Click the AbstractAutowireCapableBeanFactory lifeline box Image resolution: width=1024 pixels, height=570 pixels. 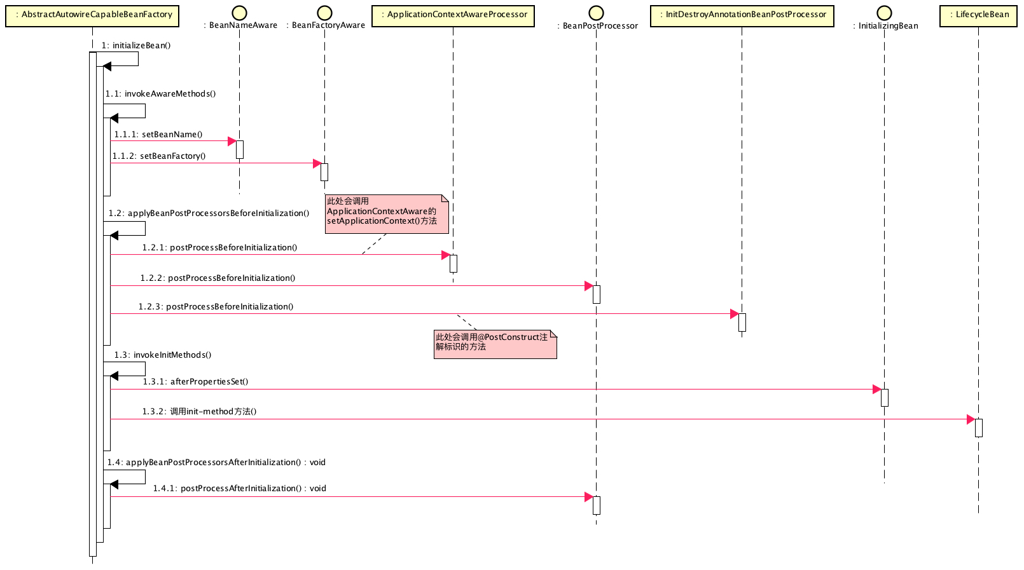pos(92,15)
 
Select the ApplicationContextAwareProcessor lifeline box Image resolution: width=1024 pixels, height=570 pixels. pos(453,15)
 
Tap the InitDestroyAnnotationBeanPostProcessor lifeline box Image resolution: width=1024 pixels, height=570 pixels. pos(742,15)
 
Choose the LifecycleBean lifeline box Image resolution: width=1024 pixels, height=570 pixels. pos(978,15)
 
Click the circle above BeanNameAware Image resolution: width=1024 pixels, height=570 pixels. pos(239,13)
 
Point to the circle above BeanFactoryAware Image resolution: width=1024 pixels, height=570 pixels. pos(324,13)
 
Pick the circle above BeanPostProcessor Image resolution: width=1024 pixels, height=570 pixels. pos(596,13)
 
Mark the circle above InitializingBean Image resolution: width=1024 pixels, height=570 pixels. pos(884,13)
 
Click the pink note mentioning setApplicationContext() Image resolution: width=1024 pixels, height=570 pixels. pos(386,214)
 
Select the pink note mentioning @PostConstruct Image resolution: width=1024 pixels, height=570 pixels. pos(495,344)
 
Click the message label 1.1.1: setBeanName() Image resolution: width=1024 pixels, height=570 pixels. pos(158,135)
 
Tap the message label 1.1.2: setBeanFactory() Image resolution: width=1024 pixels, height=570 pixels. pos(159,156)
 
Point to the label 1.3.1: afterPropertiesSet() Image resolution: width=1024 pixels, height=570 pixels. pos(195,382)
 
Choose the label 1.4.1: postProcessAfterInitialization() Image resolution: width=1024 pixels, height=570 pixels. pos(239,489)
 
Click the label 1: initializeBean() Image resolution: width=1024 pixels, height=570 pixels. pos(135,46)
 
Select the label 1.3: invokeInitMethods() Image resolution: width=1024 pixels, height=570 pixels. pos(163,355)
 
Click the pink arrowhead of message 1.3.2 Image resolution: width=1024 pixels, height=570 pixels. pos(971,419)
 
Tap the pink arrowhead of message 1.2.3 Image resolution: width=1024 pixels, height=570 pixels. pos(734,314)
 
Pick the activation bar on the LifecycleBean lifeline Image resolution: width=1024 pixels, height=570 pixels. pos(978,428)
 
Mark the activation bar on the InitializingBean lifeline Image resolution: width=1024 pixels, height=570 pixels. pos(884,398)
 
